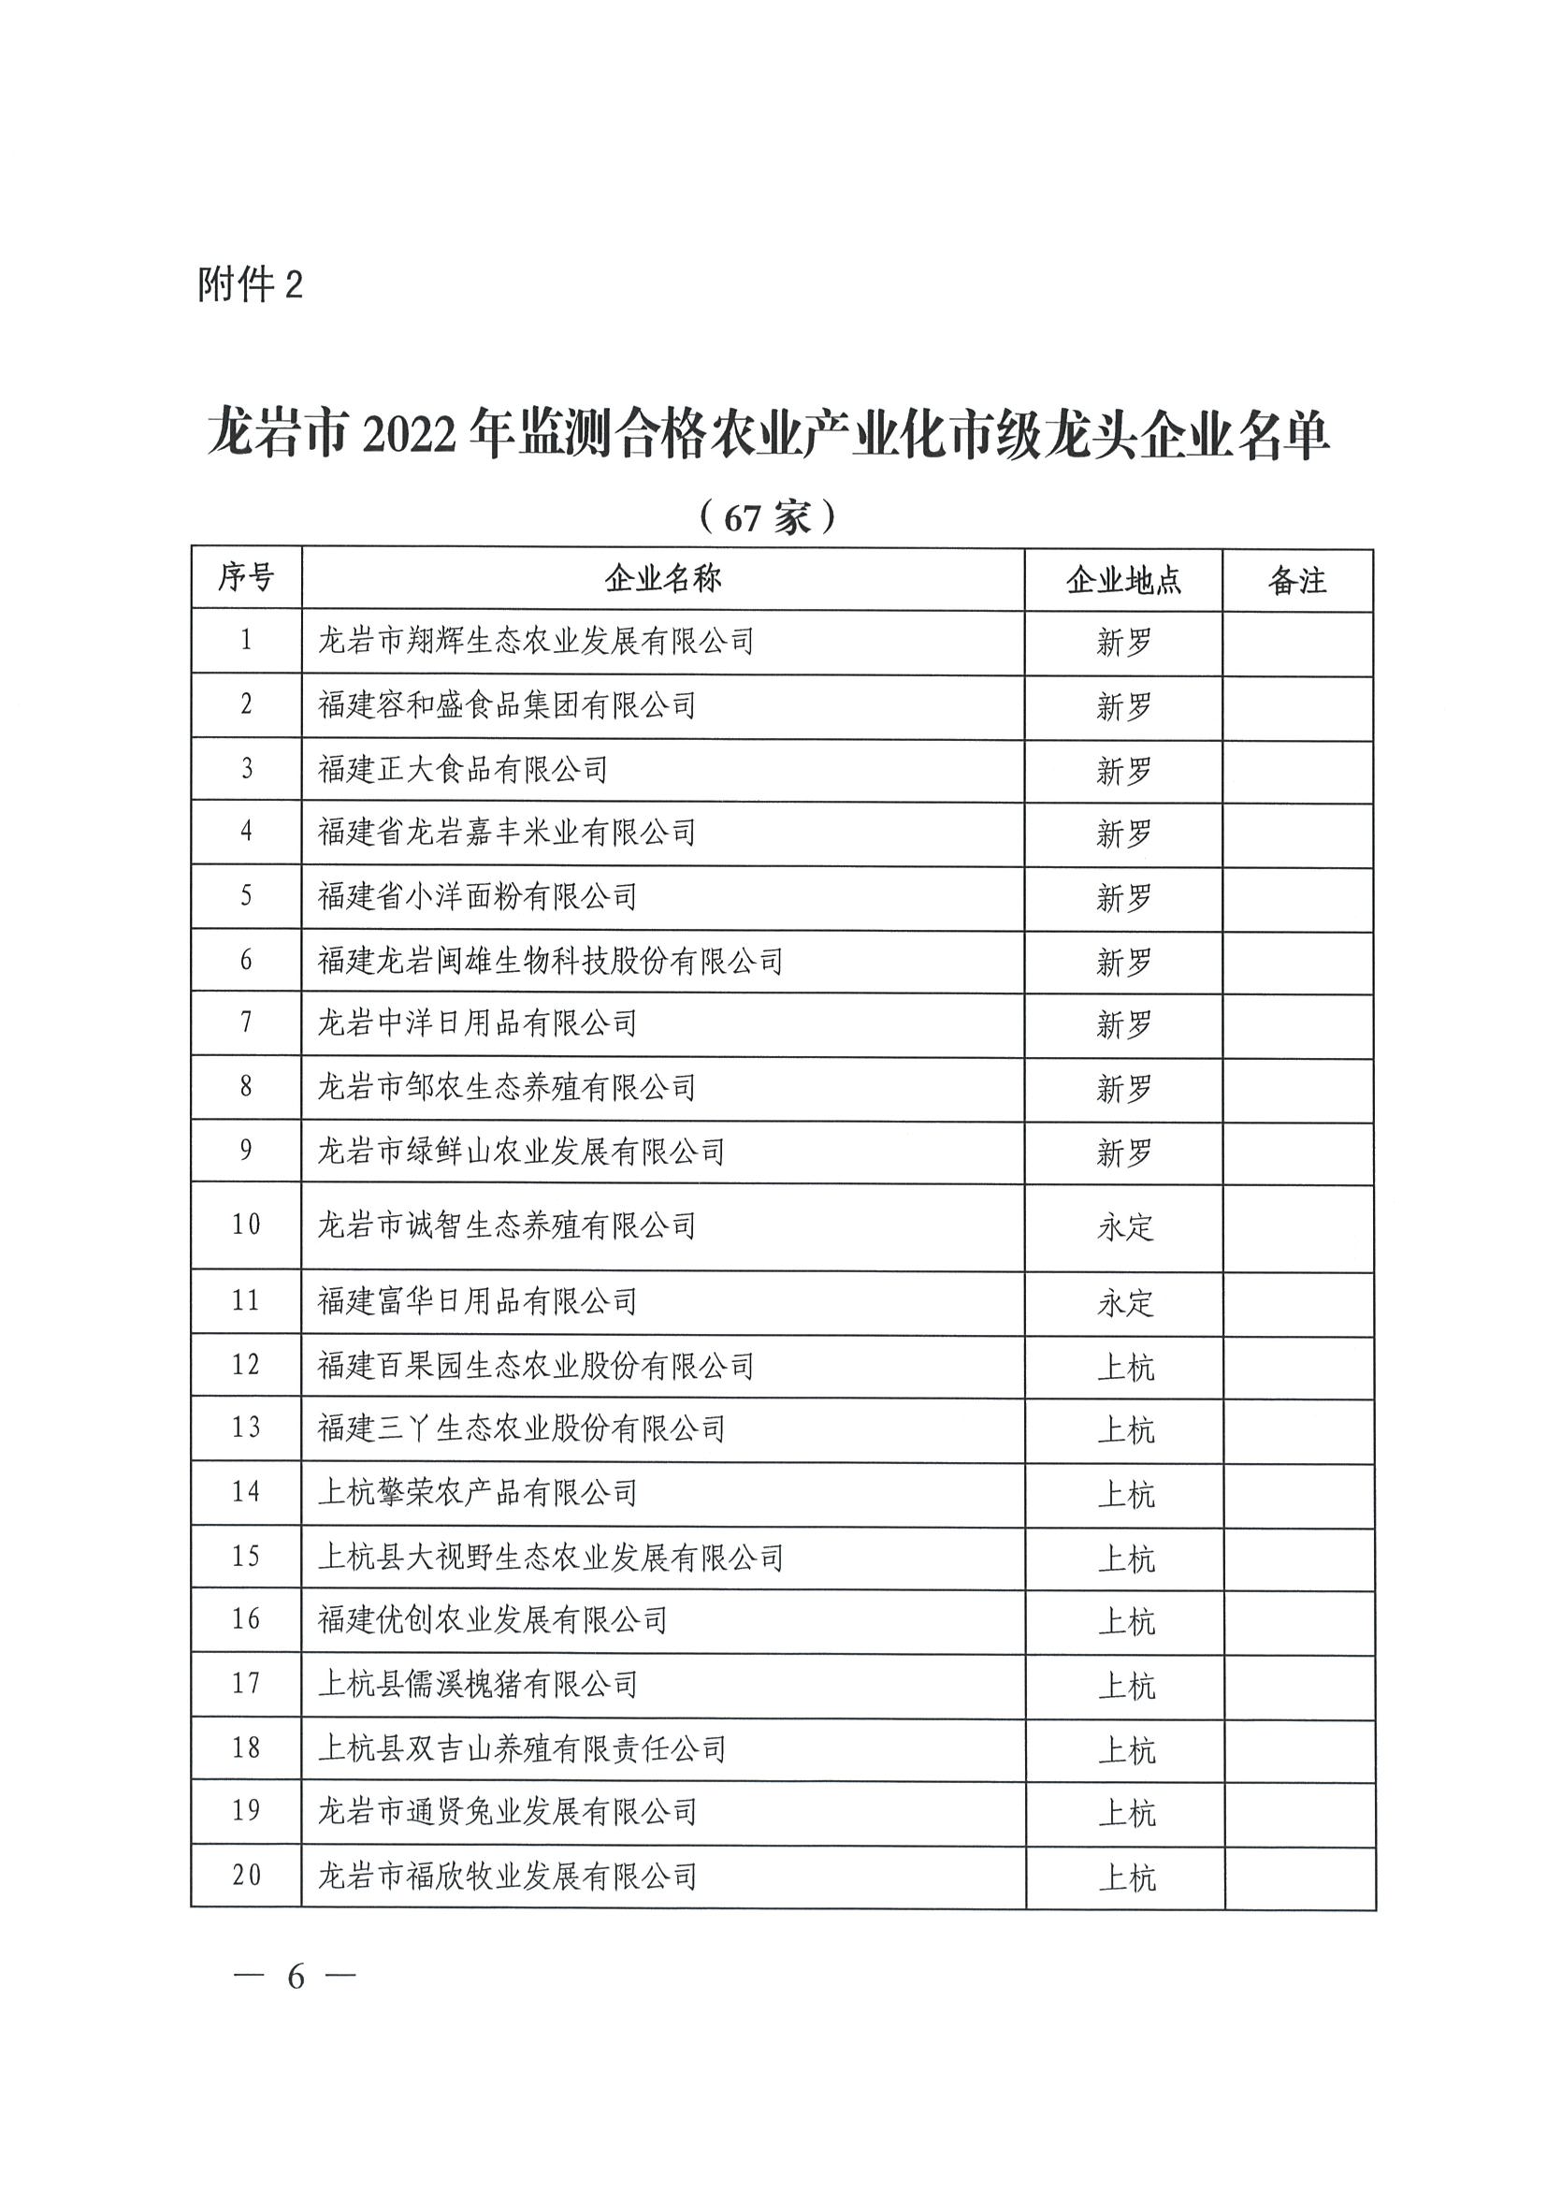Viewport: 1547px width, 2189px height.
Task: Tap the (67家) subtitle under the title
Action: pyautogui.click(x=767, y=516)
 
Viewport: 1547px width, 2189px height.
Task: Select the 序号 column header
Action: pyautogui.click(x=246, y=578)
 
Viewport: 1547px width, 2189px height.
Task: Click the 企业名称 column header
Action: pyautogui.click(x=662, y=578)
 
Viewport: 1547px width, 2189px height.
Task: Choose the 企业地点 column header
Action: pyautogui.click(x=1123, y=580)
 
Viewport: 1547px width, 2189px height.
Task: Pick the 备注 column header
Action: pyautogui.click(x=1297, y=580)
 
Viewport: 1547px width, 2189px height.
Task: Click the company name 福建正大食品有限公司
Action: pyautogui.click(x=462, y=769)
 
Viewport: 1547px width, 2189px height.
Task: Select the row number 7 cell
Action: pyautogui.click(x=246, y=1023)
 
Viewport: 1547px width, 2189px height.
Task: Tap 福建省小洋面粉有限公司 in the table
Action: pyautogui.click(x=477, y=896)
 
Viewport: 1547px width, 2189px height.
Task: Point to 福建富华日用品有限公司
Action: pyautogui.click(x=477, y=1301)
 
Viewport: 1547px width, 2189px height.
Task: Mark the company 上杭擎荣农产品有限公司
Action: pyautogui.click(x=477, y=1493)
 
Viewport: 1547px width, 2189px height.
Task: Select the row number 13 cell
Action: pyautogui.click(x=246, y=1428)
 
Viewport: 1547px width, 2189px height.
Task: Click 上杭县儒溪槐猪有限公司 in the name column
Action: pyautogui.click(x=477, y=1685)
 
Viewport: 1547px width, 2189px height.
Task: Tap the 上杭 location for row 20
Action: pyautogui.click(x=1126, y=1877)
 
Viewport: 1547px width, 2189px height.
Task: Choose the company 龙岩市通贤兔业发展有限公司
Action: pyautogui.click(x=506, y=1811)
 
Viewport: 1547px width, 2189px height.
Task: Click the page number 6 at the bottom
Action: pyautogui.click(x=295, y=1978)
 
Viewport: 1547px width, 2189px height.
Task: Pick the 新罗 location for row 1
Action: pyautogui.click(x=1124, y=643)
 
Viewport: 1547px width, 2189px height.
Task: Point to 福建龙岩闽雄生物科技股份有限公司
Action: pyautogui.click(x=550, y=960)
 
